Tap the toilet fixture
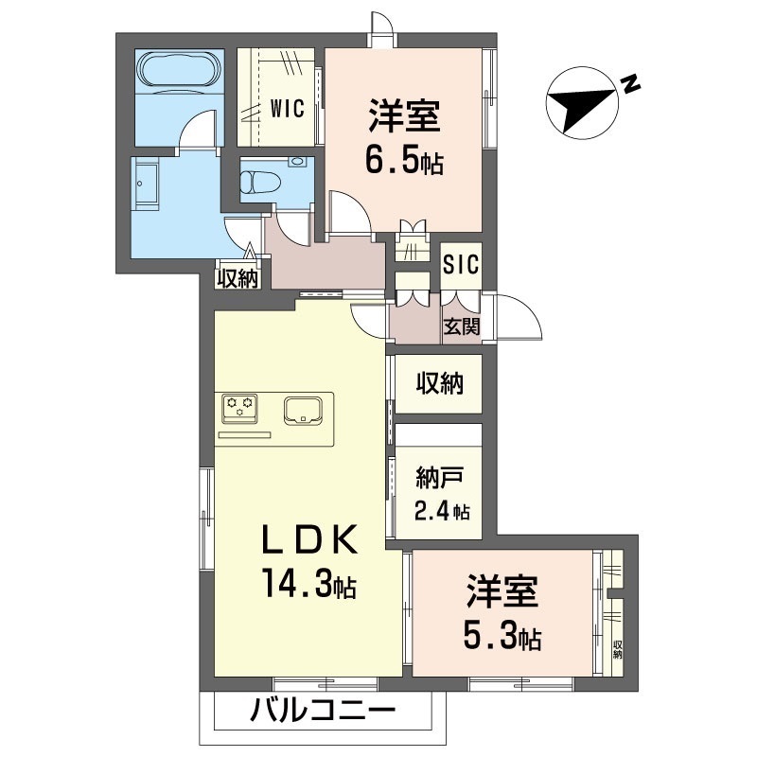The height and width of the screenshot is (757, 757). click(x=259, y=178)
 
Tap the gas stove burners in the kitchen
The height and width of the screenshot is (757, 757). click(x=240, y=408)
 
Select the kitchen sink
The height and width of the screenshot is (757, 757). click(x=304, y=410)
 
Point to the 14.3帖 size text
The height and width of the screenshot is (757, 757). click(x=309, y=587)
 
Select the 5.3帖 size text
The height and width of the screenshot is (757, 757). click(x=502, y=638)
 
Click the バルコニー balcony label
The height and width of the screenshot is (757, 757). click(x=322, y=712)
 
